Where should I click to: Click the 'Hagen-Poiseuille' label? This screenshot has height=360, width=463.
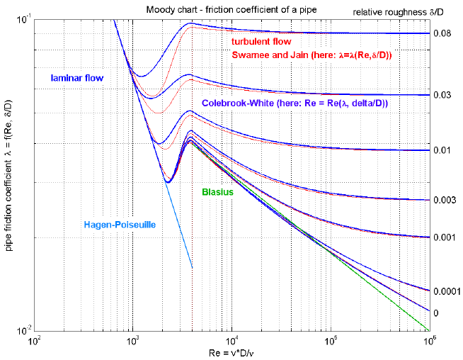(x=120, y=225)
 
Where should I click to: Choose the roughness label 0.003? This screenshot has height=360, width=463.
(x=444, y=201)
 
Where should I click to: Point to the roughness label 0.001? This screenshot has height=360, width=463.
(x=444, y=237)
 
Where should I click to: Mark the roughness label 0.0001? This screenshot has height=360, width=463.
(x=446, y=291)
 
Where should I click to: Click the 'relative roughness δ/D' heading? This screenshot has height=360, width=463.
(x=417, y=12)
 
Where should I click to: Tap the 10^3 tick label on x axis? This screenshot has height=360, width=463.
(x=132, y=342)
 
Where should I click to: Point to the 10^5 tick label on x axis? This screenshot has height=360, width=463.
(x=330, y=342)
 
